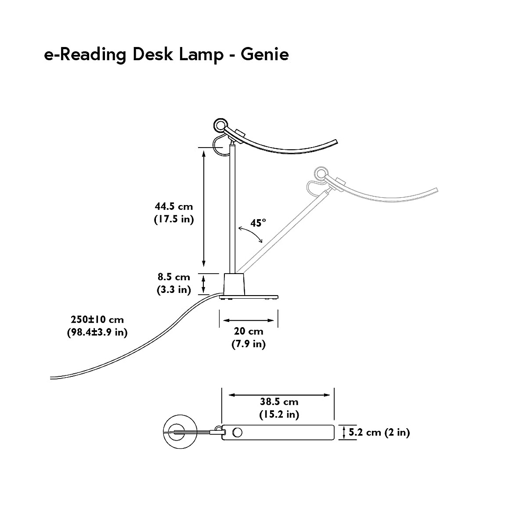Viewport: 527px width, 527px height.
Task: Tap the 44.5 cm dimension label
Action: pos(173,206)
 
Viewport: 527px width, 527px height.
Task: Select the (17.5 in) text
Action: pos(173,219)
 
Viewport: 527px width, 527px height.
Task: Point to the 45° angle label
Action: pos(258,223)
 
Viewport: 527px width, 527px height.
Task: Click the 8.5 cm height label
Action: pos(174,277)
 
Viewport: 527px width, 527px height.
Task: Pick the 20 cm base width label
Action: pos(249,332)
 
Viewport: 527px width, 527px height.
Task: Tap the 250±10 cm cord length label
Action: pos(97,319)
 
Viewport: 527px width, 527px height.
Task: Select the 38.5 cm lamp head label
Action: pos(279,401)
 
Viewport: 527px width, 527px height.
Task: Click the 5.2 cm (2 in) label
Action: pos(379,432)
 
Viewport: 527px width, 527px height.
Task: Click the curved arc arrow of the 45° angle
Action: pos(251,234)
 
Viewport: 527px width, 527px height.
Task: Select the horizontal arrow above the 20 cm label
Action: pos(249,320)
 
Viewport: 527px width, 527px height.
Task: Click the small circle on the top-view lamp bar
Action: pos(237,433)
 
